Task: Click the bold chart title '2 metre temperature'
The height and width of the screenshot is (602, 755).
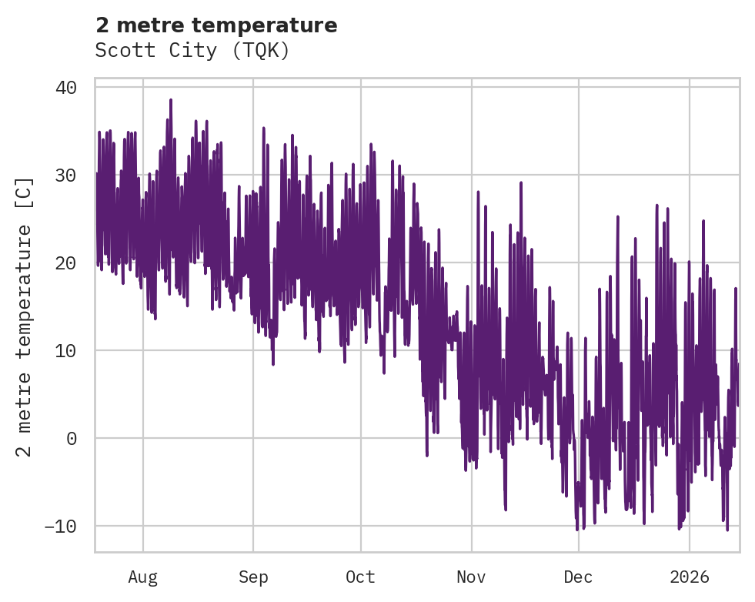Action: pos(216,25)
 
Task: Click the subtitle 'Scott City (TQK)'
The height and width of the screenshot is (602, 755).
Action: pos(192,50)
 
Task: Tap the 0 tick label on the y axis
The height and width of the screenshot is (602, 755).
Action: pos(72,439)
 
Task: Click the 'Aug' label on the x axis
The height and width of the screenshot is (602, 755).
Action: pos(143,577)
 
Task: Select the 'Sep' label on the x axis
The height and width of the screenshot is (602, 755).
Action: pos(252,577)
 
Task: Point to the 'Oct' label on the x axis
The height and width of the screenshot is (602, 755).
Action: pos(360,577)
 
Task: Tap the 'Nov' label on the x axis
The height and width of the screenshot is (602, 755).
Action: pos(471,577)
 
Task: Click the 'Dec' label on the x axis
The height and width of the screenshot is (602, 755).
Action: pos(578,577)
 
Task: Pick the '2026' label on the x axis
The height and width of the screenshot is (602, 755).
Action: pos(690,577)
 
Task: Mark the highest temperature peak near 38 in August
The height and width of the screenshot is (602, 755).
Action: pos(171,100)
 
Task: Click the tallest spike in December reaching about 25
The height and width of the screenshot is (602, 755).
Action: pos(617,217)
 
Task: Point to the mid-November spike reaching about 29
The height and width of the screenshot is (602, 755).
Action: pos(521,183)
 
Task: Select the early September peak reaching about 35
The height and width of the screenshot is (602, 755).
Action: pos(263,129)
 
